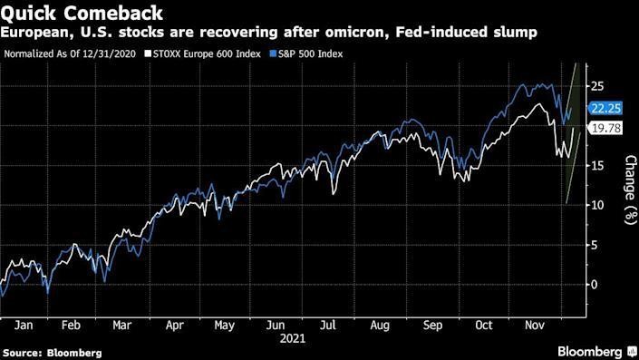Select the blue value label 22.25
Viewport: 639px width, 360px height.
pyautogui.click(x=604, y=108)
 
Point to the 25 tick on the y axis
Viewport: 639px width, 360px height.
pyautogui.click(x=597, y=86)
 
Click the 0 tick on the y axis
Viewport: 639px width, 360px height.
pyautogui.click(x=594, y=284)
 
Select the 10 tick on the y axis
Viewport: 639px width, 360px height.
pyautogui.click(x=597, y=205)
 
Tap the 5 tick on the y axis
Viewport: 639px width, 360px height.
pyautogui.click(x=594, y=244)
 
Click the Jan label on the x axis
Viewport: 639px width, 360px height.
pyautogui.click(x=26, y=324)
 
